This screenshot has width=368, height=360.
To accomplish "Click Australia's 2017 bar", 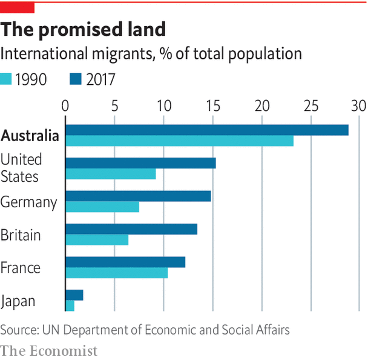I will pyautogui.click(x=206, y=130).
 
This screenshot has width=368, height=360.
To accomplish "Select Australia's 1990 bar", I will pyautogui.click(x=179, y=141).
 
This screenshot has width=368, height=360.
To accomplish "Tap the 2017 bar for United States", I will pyautogui.click(x=140, y=162).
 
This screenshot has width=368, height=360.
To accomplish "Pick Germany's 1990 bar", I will pyautogui.click(x=102, y=207).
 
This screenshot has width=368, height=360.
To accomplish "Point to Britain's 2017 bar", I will pyautogui.click(x=131, y=229).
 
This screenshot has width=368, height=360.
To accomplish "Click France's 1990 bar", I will pyautogui.click(x=116, y=273).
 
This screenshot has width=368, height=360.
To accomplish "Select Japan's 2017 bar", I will pyautogui.click(x=74, y=295).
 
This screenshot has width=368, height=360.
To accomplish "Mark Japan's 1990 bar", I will pyautogui.click(x=70, y=306).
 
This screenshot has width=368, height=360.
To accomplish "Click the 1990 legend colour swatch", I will pyautogui.click(x=7, y=79).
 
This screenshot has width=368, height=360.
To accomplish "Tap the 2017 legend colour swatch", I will pyautogui.click(x=76, y=79).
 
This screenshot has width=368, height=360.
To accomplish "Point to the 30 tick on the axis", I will pyautogui.click(x=359, y=105).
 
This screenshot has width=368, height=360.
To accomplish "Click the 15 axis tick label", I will pyautogui.click(x=212, y=105).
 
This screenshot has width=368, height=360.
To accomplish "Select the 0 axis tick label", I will pyautogui.click(x=65, y=105).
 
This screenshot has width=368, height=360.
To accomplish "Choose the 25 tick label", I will pyautogui.click(x=310, y=105).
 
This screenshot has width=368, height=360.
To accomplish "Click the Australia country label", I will pyautogui.click(x=30, y=136).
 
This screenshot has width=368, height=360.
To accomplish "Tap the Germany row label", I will pyautogui.click(x=29, y=202).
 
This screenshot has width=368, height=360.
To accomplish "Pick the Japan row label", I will pyautogui.click(x=18, y=301).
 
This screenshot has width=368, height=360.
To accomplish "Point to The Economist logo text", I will pyautogui.click(x=49, y=350).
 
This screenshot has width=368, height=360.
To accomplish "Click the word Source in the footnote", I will pyautogui.click(x=18, y=330).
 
